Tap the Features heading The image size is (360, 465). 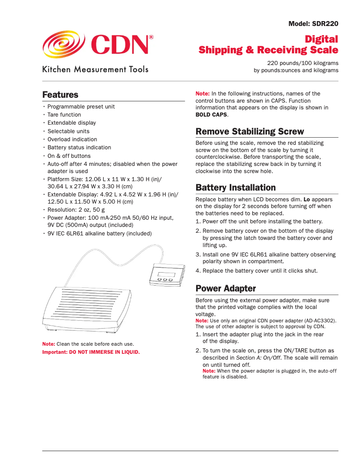pyautogui.click(x=60, y=95)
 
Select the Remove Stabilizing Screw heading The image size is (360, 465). pyautogui.click(x=250, y=131)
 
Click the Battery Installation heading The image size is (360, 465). pyautogui.click(x=236, y=187)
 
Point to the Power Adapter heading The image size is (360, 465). pyautogui.click(x=226, y=288)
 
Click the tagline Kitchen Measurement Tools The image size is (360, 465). pyautogui.click(x=95, y=70)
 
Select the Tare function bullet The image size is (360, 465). pyautogui.click(x=64, y=115)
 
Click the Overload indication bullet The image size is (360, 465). pyautogui.click(x=72, y=139)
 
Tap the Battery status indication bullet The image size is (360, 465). pyautogui.click(x=79, y=148)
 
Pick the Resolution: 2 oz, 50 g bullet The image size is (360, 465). pyautogui.click(x=76, y=209)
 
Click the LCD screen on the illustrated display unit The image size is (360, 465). pyautogui.click(x=166, y=274)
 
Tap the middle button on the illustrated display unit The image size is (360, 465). pyautogui.click(x=165, y=280)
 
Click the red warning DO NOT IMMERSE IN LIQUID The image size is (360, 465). pyautogui.click(x=104, y=352)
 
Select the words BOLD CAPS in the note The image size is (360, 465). pyautogui.click(x=211, y=115)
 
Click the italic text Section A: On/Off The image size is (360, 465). pyautogui.click(x=258, y=358)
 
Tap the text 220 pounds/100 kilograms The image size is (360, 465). pyautogui.click(x=303, y=63)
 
